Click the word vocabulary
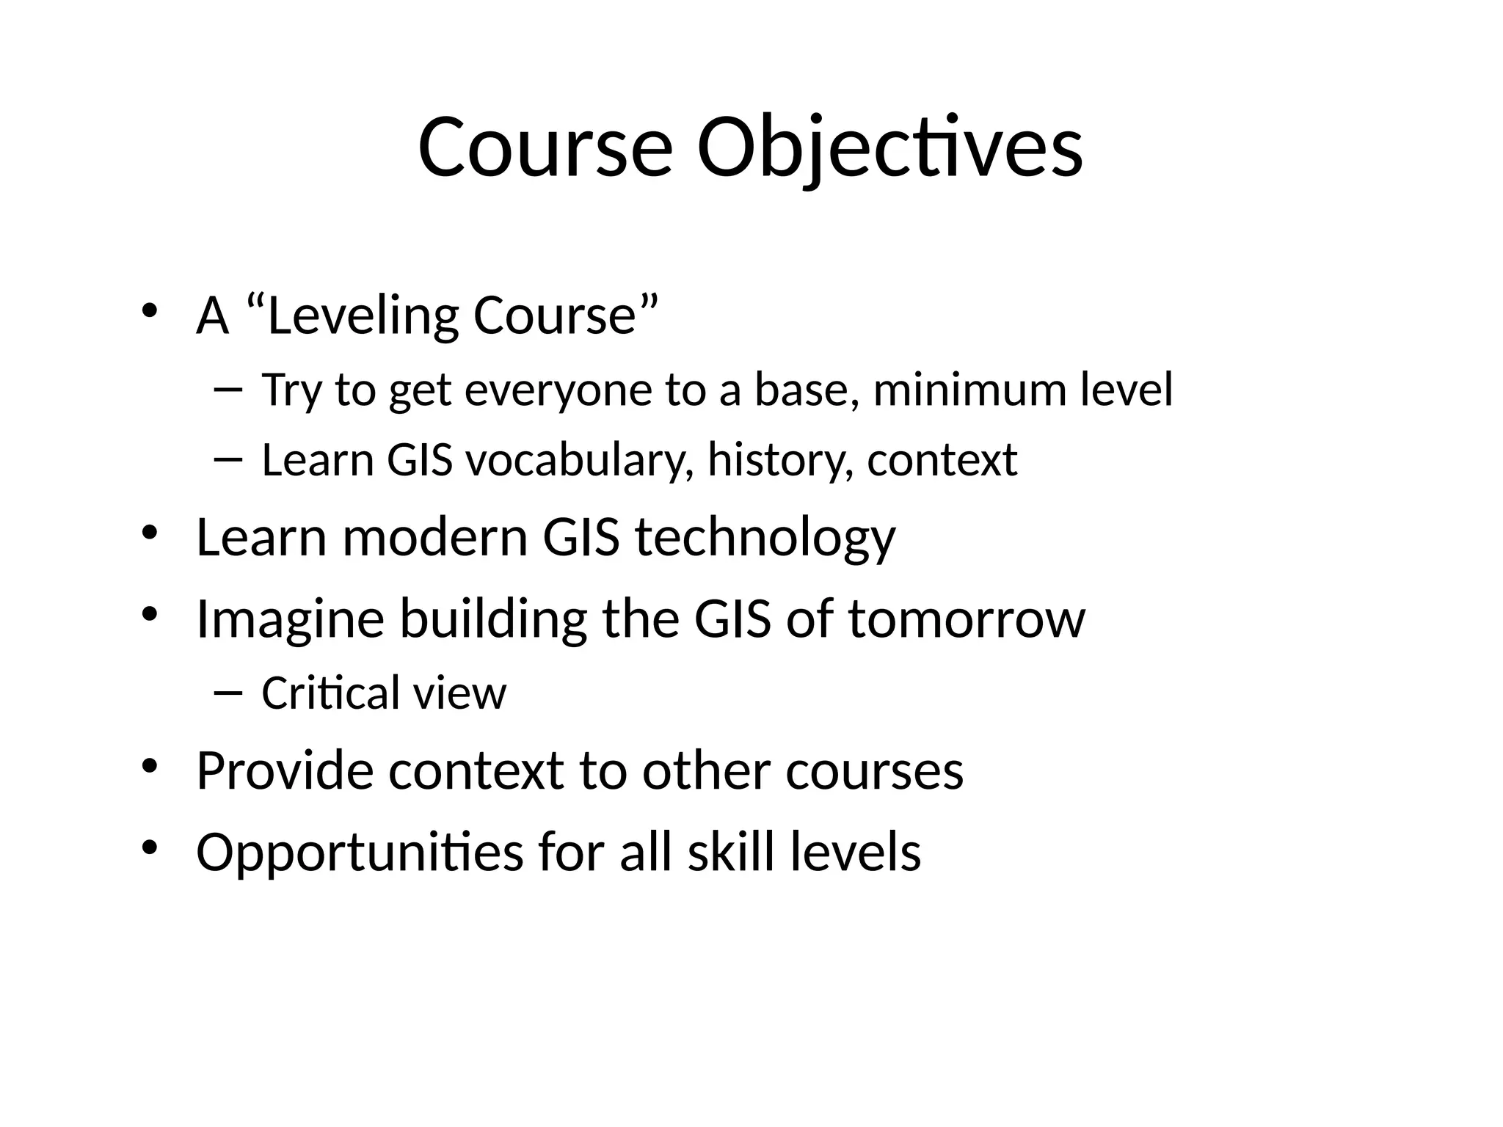[x=579, y=460]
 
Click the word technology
[x=765, y=538]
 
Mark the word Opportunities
[x=360, y=853]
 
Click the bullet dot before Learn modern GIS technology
[x=150, y=533]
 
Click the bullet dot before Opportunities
[x=150, y=847]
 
